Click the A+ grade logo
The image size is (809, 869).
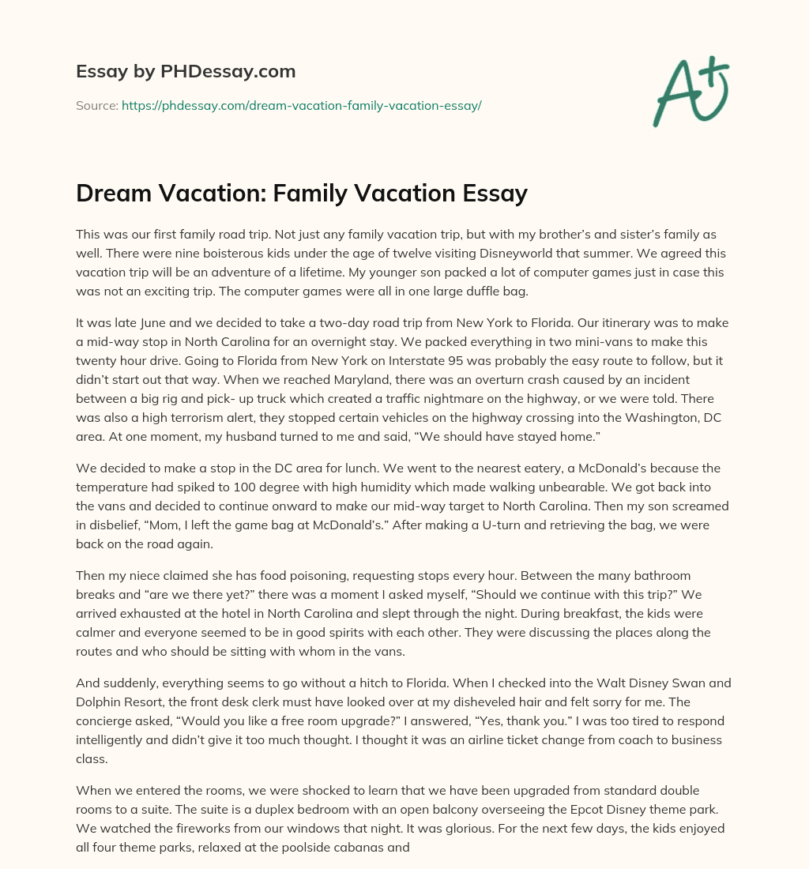690,90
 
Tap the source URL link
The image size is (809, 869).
301,105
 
